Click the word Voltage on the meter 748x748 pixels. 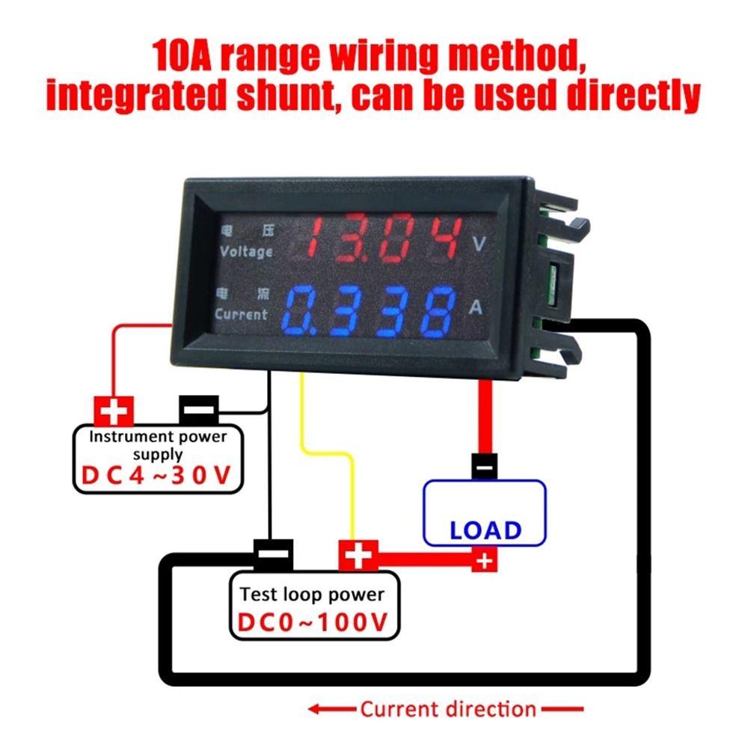(246, 251)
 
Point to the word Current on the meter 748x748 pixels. (241, 314)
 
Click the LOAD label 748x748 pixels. (485, 530)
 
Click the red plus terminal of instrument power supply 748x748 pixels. (114, 410)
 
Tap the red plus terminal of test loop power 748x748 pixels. (358, 556)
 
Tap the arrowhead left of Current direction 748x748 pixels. (319, 708)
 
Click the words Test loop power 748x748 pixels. (312, 595)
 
